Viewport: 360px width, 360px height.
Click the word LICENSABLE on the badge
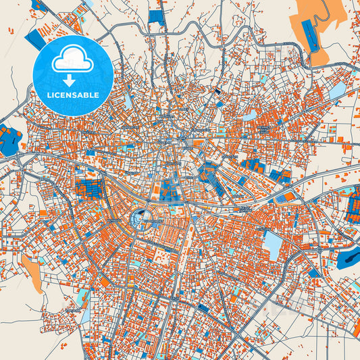coord(73,95)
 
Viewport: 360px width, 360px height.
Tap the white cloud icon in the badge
coord(73,59)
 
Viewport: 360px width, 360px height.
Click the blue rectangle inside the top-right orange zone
coord(310,34)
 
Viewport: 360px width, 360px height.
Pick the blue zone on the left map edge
coord(9,140)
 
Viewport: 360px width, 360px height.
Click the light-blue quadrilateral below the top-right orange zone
coord(335,90)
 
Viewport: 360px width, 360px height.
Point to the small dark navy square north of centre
coord(217,91)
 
